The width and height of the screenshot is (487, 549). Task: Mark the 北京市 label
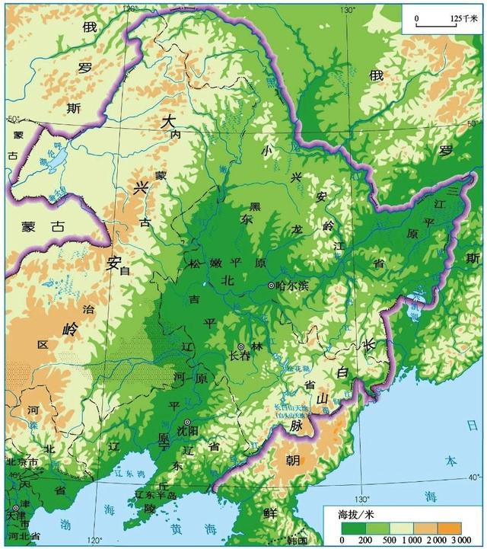(x=21, y=462)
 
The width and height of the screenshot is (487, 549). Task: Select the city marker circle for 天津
(x=15, y=508)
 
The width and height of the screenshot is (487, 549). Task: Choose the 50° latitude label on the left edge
(x=13, y=119)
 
